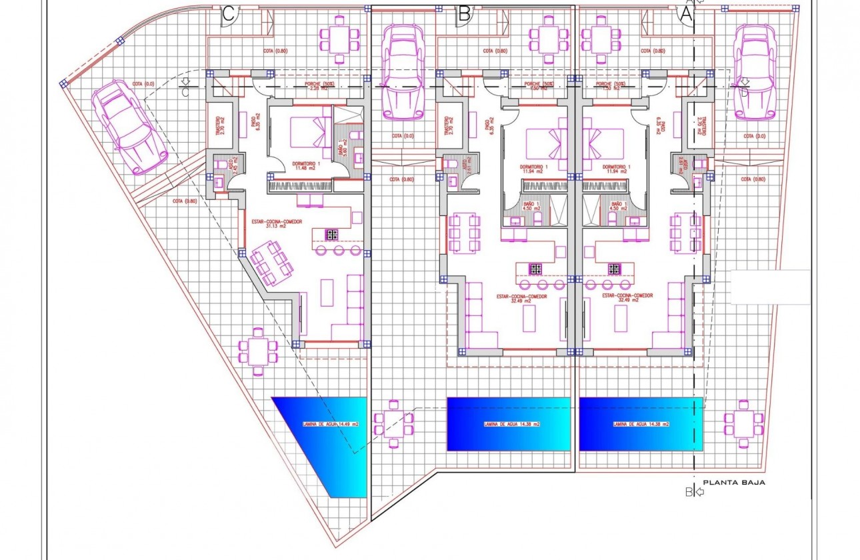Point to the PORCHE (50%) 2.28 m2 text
[x=319, y=87]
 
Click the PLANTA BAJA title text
[x=734, y=482]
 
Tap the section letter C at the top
[x=228, y=14]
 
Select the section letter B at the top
[x=465, y=13]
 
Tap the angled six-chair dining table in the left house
[x=271, y=262]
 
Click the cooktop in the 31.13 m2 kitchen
[x=331, y=234]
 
